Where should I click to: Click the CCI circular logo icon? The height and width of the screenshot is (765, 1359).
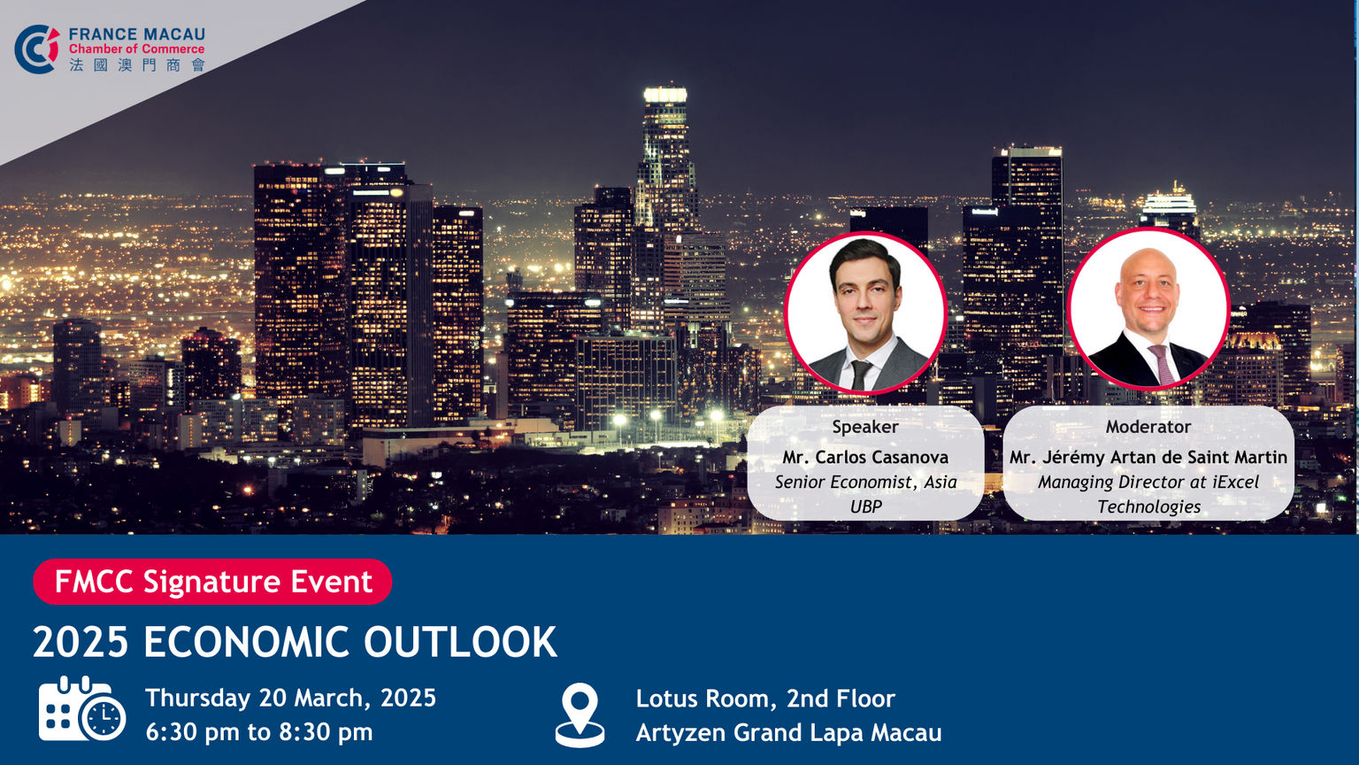pos(37,50)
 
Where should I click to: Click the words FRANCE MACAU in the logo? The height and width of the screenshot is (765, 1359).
pos(136,34)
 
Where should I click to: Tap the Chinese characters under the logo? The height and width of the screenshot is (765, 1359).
pos(137,65)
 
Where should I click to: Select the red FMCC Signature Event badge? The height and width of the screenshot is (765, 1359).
pos(212,581)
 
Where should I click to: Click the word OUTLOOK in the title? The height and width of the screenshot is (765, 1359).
pos(460,642)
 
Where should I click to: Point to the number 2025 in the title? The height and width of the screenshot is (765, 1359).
pos(81,642)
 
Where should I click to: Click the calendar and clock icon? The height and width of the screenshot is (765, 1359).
pos(82,708)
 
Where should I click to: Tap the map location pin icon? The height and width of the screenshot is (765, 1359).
pos(580,715)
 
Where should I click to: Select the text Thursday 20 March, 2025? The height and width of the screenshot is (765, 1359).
pos(290,699)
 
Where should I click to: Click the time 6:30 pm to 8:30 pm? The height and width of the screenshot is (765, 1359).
pos(259,731)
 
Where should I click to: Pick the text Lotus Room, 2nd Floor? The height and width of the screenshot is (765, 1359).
pos(765,699)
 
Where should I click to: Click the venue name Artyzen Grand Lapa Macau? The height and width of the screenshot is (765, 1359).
pos(788,733)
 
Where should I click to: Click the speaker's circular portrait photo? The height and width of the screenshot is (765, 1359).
pos(865,313)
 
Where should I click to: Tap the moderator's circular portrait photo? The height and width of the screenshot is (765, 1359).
pos(1148,309)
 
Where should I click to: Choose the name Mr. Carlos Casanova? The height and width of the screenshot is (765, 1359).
pos(865,457)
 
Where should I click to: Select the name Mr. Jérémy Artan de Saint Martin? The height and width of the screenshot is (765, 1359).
pos(1148,457)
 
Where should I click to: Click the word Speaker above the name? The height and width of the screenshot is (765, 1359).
pos(865,428)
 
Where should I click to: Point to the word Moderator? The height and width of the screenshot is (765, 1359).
pos(1148,427)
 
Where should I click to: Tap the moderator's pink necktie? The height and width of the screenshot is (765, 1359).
pos(1162,363)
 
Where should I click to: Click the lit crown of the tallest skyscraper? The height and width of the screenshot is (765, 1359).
pos(665,95)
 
